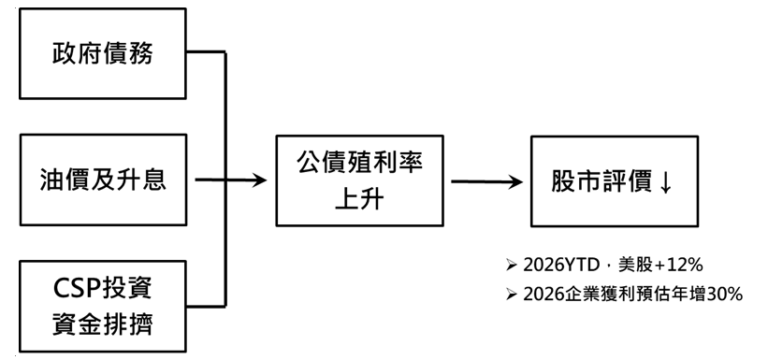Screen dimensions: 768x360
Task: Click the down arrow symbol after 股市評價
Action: click(x=665, y=182)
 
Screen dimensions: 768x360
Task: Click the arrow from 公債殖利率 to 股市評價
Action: click(x=486, y=181)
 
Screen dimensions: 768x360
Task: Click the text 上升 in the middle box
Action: click(x=359, y=199)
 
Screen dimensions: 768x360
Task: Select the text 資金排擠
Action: click(x=103, y=324)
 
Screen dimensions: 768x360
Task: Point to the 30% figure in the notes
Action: click(x=725, y=295)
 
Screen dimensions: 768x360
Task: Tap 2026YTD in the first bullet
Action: click(x=561, y=266)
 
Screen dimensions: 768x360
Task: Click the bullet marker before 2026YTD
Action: click(x=512, y=266)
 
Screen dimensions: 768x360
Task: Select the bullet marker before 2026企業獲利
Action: click(x=512, y=295)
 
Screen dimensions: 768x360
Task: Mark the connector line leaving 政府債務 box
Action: click(x=206, y=51)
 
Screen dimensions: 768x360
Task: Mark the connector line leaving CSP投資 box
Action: click(x=206, y=307)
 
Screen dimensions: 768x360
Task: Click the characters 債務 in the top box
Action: click(x=128, y=53)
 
